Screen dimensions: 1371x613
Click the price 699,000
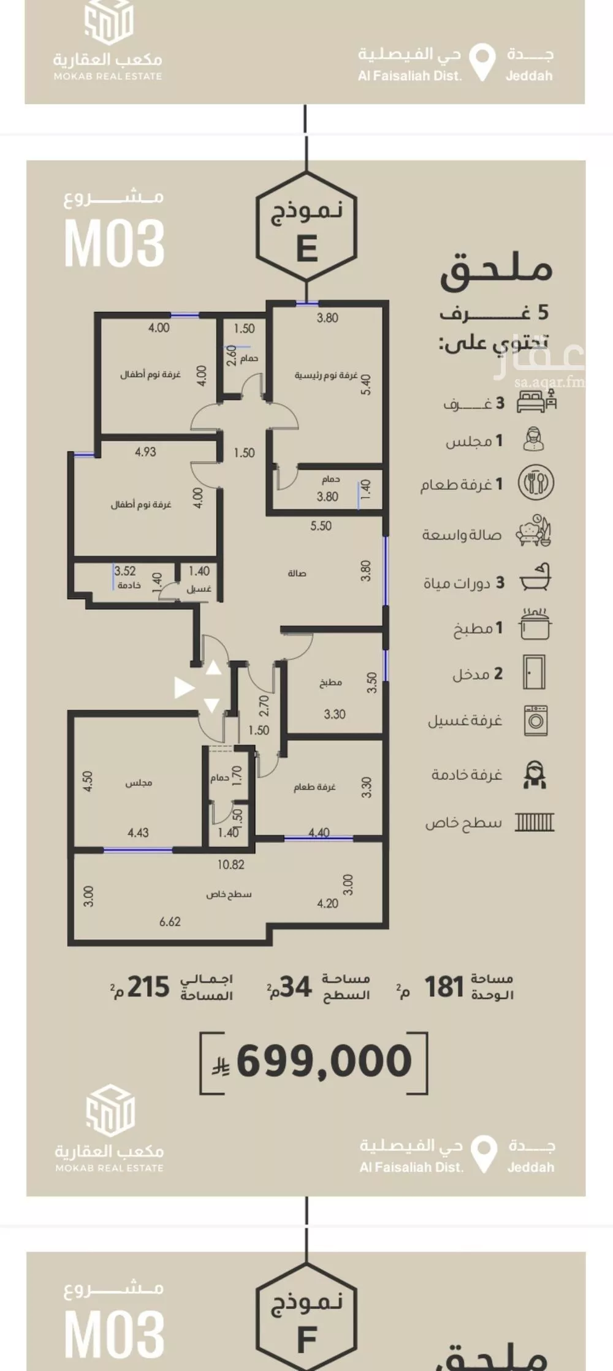(x=324, y=1062)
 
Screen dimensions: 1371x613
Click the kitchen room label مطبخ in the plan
(x=330, y=682)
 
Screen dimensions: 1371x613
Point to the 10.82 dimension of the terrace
(x=230, y=864)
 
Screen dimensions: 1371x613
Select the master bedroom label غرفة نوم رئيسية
(x=326, y=375)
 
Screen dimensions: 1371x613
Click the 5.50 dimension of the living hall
(x=321, y=526)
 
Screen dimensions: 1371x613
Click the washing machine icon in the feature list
(x=535, y=720)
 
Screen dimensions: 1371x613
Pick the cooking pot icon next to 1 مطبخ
(x=535, y=625)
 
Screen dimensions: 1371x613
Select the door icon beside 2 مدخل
(x=534, y=673)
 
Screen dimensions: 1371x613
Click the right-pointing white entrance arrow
(x=183, y=687)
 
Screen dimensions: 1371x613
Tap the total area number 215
(x=148, y=988)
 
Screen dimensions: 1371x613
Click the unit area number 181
(x=444, y=988)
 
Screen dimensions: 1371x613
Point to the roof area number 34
(x=296, y=988)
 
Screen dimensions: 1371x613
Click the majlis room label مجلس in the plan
(x=139, y=783)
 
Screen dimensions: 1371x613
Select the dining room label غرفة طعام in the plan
(x=314, y=787)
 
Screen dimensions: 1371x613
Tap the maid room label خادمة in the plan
(x=129, y=585)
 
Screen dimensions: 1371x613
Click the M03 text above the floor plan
(x=115, y=243)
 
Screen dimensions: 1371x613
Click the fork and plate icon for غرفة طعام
(x=536, y=483)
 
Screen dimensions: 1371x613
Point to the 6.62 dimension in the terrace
(x=170, y=921)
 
